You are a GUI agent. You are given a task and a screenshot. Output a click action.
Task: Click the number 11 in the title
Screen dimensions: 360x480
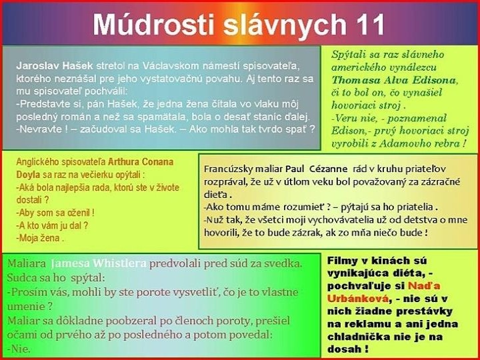click(367, 25)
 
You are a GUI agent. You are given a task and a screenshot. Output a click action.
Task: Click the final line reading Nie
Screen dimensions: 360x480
click(19, 348)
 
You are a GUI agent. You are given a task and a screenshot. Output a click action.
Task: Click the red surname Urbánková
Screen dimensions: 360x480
click(357, 299)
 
